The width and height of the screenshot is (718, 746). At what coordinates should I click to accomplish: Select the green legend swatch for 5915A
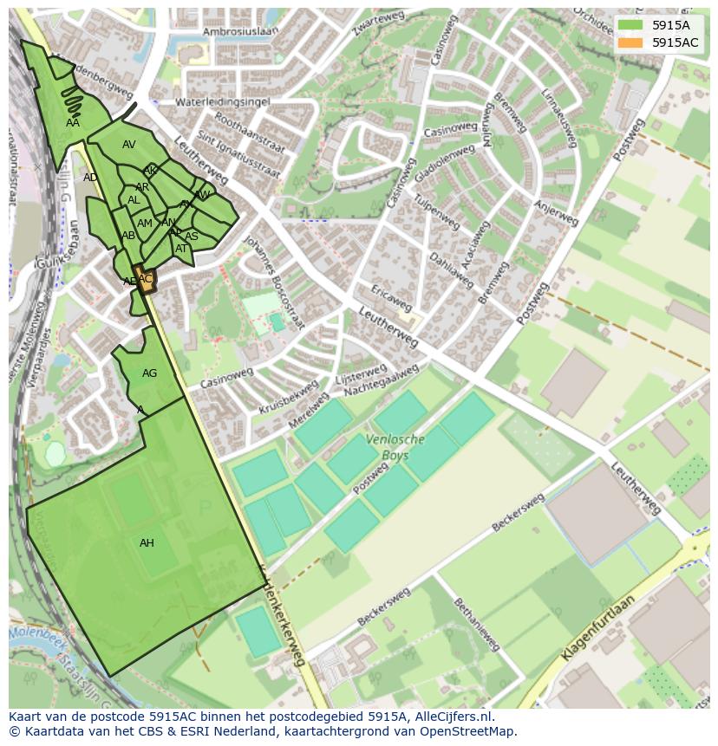(x=630, y=25)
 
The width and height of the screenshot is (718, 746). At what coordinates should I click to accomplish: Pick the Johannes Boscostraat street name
(x=274, y=282)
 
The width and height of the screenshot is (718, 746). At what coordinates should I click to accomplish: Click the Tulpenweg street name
(x=436, y=213)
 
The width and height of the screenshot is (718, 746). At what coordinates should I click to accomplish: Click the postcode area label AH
(x=147, y=543)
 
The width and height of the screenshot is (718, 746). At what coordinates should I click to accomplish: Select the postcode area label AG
(x=149, y=373)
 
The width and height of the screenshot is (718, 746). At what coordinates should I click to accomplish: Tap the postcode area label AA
(x=73, y=123)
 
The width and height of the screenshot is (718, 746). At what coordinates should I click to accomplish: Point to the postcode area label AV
(x=128, y=145)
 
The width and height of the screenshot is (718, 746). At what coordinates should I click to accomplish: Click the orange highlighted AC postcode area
(x=146, y=280)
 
